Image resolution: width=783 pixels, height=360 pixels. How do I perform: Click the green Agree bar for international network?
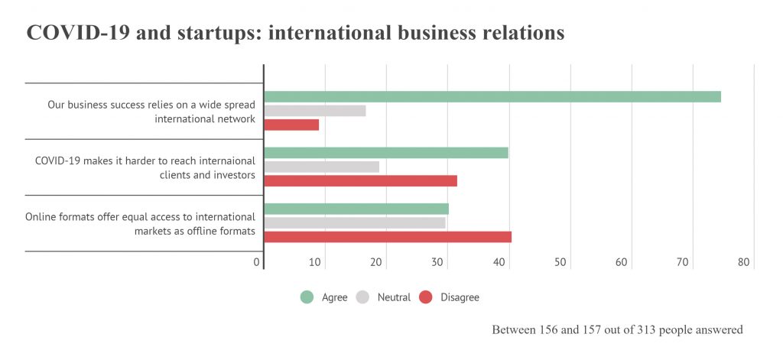coord(492,97)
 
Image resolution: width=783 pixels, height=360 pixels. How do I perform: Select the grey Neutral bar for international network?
coord(315,111)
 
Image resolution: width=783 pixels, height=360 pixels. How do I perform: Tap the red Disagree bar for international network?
coord(291,125)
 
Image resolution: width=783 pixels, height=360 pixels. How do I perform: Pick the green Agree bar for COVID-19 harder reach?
coord(386,153)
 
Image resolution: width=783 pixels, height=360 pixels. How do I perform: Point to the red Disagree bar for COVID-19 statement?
coord(361,181)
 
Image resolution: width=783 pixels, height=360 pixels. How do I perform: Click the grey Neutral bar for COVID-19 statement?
coord(322,167)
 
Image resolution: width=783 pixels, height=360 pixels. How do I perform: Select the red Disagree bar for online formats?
coord(388,237)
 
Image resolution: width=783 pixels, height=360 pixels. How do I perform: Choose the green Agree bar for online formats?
coord(356,209)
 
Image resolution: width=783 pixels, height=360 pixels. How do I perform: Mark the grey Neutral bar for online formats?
coord(355,222)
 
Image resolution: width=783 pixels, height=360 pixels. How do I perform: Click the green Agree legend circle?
coord(307,297)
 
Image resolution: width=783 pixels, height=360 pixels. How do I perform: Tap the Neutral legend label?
coord(394,297)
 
